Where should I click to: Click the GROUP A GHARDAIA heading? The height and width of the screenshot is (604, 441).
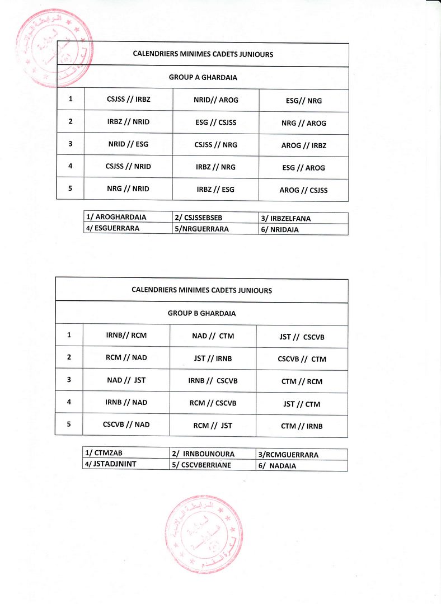(203, 78)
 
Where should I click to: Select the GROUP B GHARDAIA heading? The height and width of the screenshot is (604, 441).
(201, 314)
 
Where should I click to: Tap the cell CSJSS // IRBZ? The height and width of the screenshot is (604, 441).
(128, 100)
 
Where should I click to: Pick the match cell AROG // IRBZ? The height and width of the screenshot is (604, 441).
(303, 145)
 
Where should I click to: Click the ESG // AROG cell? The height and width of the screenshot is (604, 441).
(303, 168)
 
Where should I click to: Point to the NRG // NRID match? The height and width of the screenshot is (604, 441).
(128, 188)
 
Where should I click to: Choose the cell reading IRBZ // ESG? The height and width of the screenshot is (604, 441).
(215, 190)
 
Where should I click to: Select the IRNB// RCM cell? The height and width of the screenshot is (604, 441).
(126, 336)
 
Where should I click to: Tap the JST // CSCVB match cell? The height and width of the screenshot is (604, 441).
(302, 337)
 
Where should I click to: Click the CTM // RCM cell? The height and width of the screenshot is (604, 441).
(302, 381)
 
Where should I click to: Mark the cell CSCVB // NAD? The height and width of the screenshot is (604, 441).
(126, 424)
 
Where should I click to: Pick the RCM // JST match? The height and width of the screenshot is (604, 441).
(213, 426)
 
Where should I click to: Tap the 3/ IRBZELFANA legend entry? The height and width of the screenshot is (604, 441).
(290, 218)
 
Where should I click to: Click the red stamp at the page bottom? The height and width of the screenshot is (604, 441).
(204, 534)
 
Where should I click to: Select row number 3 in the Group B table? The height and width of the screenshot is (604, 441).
(69, 380)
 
